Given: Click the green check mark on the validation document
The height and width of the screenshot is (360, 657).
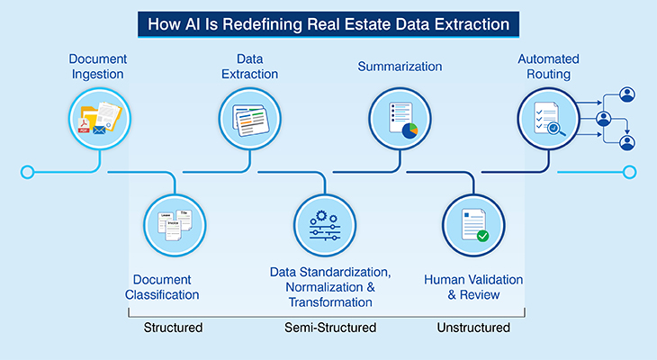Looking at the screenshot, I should pyautogui.click(x=482, y=236).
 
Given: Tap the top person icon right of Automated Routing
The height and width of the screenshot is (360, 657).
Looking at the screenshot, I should pyautogui.click(x=627, y=94).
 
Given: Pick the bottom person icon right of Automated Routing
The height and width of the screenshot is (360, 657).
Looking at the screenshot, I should pyautogui.click(x=627, y=142).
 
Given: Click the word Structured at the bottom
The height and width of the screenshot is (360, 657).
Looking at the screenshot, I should pyautogui.click(x=173, y=328).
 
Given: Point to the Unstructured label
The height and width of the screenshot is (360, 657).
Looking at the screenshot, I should pyautogui.click(x=472, y=328).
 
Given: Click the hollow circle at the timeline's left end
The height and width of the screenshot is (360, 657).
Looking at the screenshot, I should pyautogui.click(x=28, y=171).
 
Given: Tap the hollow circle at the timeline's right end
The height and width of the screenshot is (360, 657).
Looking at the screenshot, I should pyautogui.click(x=629, y=171).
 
